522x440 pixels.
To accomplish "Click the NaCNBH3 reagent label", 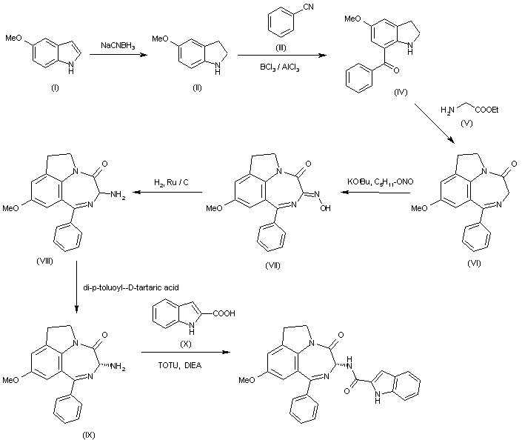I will tap(118, 45).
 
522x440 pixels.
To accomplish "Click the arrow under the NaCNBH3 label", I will tap(118, 55).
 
